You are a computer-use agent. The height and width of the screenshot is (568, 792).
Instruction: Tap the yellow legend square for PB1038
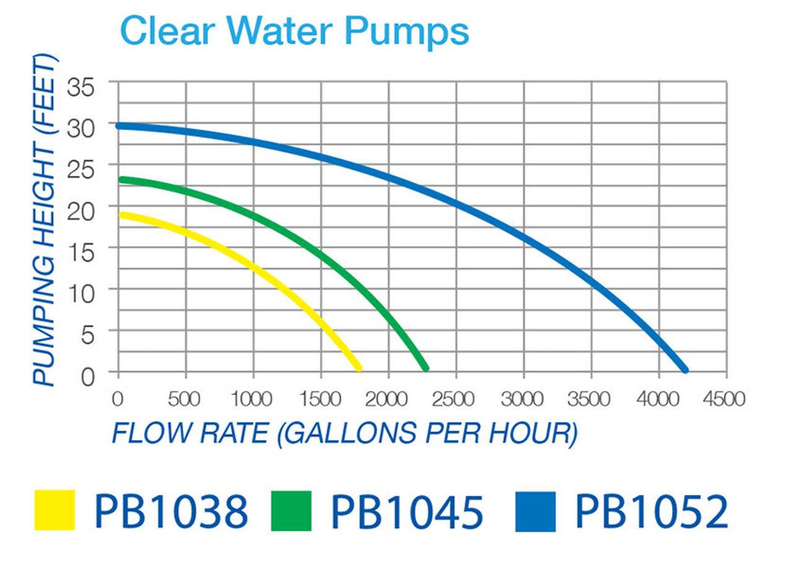tap(54, 510)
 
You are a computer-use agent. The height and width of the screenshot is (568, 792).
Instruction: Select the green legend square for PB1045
tap(291, 510)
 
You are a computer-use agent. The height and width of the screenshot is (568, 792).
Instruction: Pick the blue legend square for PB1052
tap(535, 510)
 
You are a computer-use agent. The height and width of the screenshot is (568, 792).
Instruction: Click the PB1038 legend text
tap(171, 510)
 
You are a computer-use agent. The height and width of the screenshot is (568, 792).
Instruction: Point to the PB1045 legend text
tap(407, 510)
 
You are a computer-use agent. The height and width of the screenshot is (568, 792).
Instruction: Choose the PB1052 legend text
tap(652, 510)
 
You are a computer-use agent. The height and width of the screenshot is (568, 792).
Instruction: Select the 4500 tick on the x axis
tap(725, 399)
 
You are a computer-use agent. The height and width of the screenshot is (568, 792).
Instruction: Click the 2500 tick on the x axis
tap(455, 399)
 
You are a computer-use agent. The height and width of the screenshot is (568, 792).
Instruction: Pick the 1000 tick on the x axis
tap(252, 399)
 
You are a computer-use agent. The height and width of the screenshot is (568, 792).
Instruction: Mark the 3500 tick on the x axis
tap(590, 399)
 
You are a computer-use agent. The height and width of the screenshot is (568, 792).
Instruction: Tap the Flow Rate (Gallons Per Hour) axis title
tap(344, 433)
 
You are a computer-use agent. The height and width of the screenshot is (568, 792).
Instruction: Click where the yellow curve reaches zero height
tap(358, 368)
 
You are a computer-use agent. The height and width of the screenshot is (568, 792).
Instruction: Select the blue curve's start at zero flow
tap(119, 126)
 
